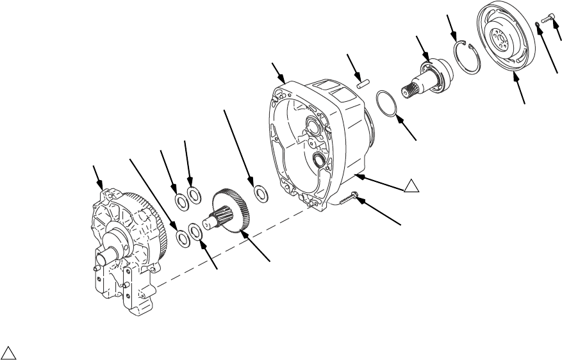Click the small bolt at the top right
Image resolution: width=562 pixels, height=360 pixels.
pos(545,20)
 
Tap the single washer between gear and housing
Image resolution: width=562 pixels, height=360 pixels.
pos(261,192)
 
